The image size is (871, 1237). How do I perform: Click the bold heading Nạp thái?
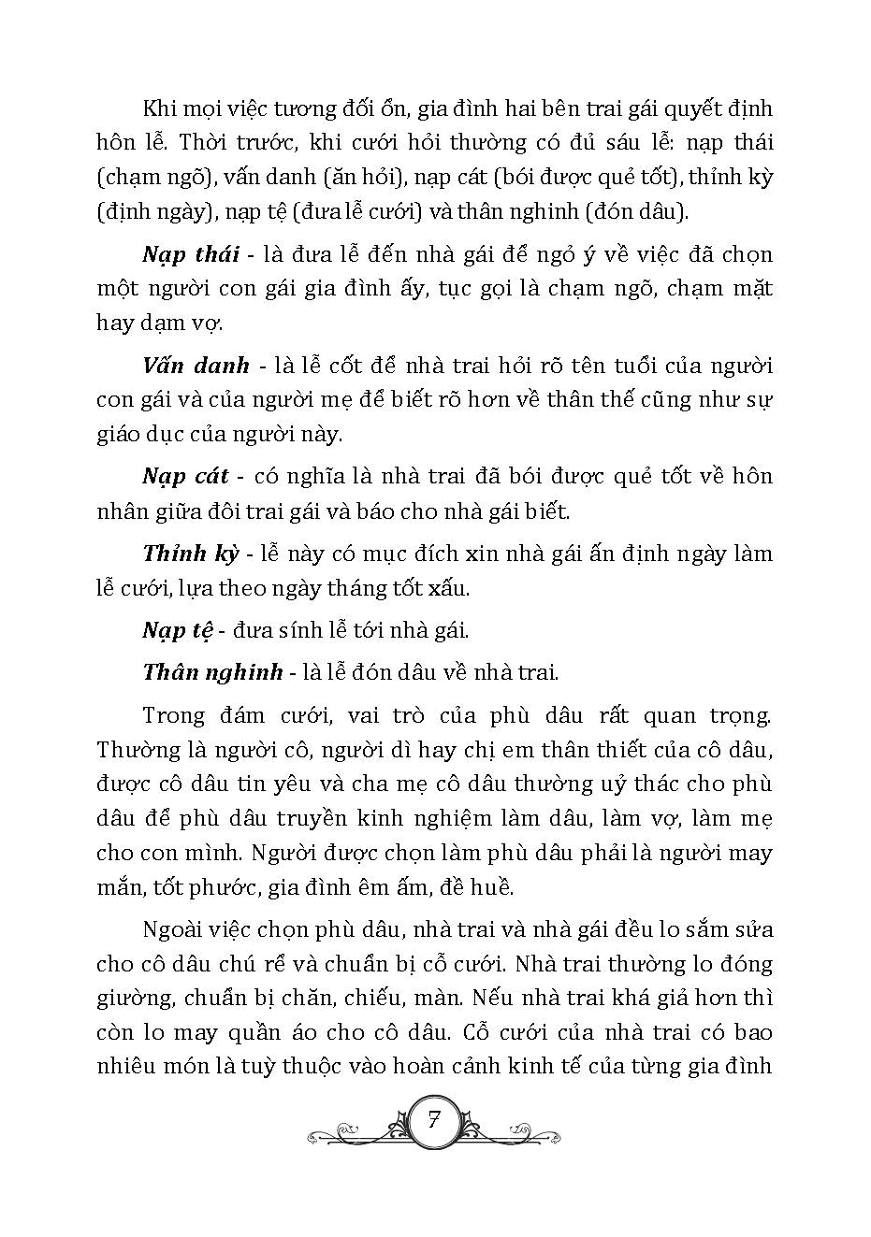pyautogui.click(x=191, y=255)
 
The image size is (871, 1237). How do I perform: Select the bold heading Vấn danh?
pyautogui.click(x=196, y=366)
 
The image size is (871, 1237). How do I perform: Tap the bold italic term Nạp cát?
pyautogui.click(x=185, y=476)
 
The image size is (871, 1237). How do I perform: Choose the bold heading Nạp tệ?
pyautogui.click(x=178, y=630)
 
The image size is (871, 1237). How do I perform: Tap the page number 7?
pyautogui.click(x=434, y=1120)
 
